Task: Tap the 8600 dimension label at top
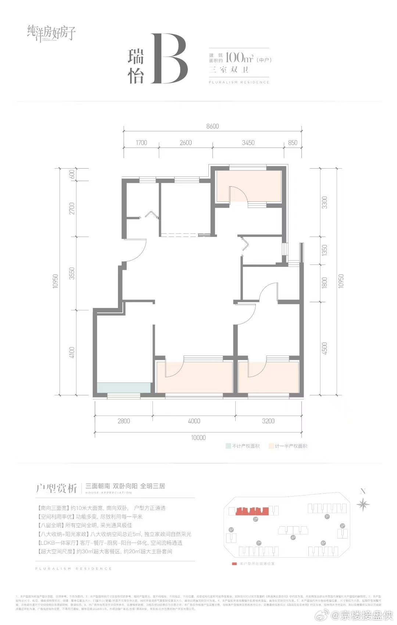212,126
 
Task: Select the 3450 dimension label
248,143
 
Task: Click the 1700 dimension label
141,143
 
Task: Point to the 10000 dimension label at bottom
198,438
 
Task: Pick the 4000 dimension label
194,421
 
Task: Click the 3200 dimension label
268,421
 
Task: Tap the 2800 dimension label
124,421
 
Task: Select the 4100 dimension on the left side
72,352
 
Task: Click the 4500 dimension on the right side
324,348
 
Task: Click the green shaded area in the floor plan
124,388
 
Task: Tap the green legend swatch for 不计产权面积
228,446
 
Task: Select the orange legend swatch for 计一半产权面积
271,446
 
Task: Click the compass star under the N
363,504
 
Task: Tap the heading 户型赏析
56,488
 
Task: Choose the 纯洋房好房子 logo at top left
51,33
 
